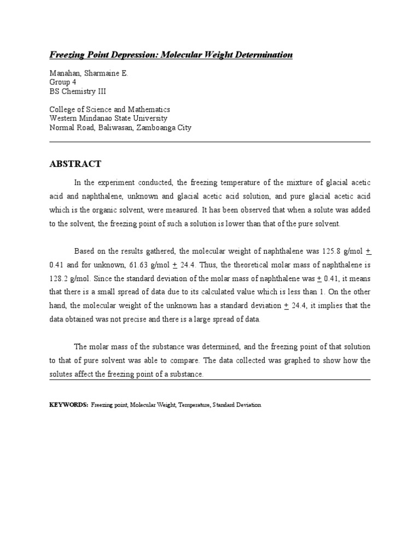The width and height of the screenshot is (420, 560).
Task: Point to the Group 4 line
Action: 63,82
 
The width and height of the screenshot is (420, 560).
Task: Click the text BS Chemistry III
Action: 77,91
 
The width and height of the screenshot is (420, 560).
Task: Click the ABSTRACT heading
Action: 75,164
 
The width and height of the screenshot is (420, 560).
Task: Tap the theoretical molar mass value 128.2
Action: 59,278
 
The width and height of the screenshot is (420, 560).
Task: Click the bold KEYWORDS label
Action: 68,405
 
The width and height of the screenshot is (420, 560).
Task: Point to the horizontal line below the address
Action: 210,142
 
